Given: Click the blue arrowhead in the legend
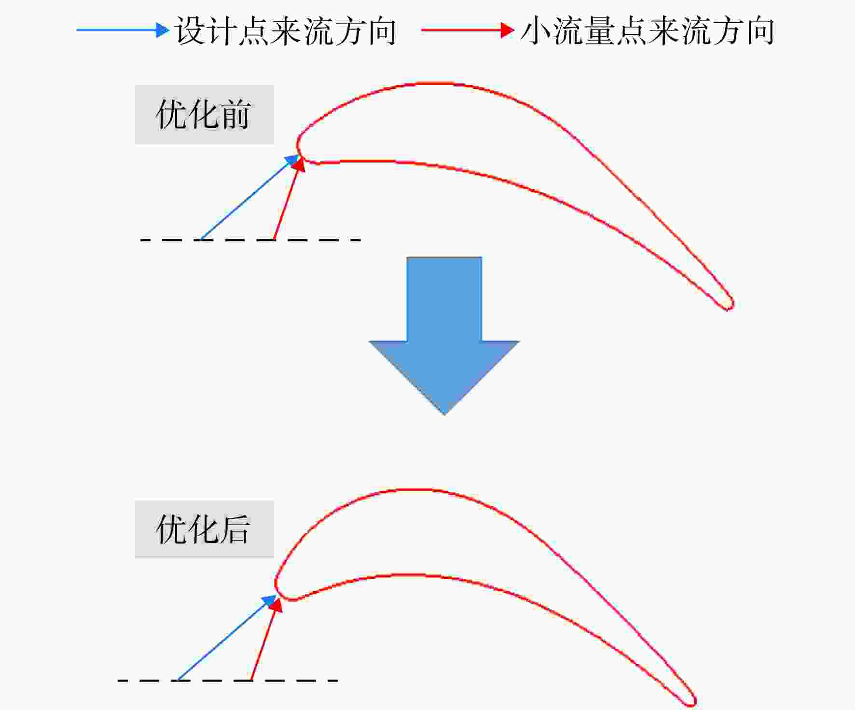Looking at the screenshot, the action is pyautogui.click(x=163, y=30).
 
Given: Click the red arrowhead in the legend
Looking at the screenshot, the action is pyautogui.click(x=508, y=30).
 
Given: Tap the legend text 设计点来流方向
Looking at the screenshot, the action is pyautogui.click(x=286, y=31).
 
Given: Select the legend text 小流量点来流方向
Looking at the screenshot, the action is pyautogui.click(x=648, y=31).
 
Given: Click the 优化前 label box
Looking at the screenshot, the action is pyautogui.click(x=205, y=115).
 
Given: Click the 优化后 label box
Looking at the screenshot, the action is pyautogui.click(x=205, y=529).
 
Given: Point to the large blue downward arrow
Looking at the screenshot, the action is pyautogui.click(x=444, y=335).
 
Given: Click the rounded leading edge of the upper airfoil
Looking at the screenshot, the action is pyautogui.click(x=298, y=145).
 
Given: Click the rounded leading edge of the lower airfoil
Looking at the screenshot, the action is pyautogui.click(x=276, y=584).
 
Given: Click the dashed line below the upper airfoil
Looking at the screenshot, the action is pyautogui.click(x=250, y=239).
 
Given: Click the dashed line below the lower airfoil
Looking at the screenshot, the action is pyautogui.click(x=228, y=681).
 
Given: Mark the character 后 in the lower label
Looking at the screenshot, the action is pyautogui.click(x=235, y=529).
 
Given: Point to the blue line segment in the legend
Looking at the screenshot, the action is pyautogui.click(x=116, y=30).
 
